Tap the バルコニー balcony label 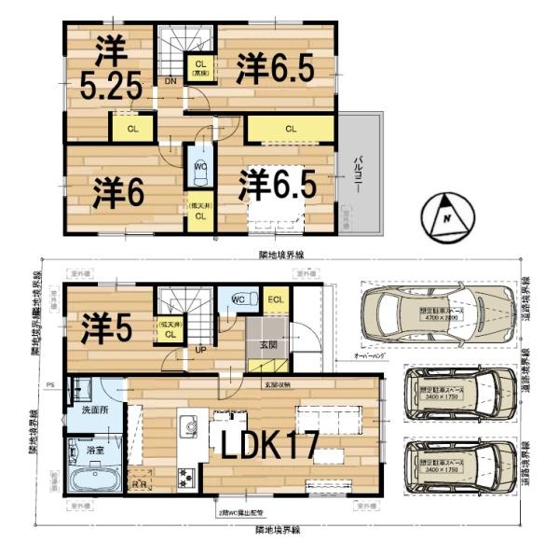tap(359, 174)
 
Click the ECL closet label tap(276, 299)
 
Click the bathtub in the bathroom tap(91, 481)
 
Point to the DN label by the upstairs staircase tap(170, 82)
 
